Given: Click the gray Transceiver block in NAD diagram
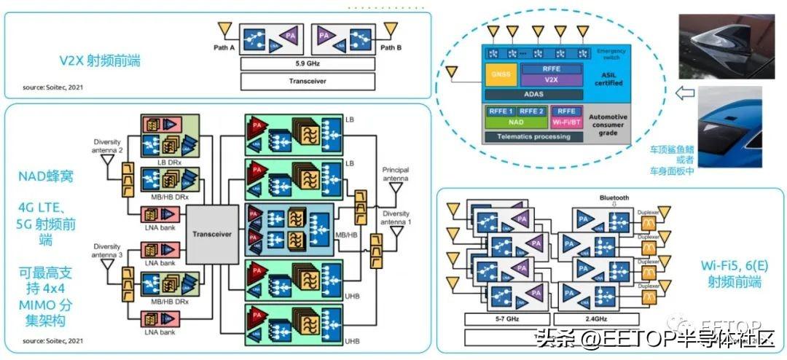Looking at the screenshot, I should click(211, 234).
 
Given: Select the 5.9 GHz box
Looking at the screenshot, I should click(313, 64).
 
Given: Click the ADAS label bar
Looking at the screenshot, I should click(533, 93).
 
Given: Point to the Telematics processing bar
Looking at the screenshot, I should click(533, 136).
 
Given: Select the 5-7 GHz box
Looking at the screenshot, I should click(507, 319).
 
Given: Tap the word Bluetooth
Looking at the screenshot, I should click(614, 198).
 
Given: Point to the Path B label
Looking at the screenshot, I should click(391, 49).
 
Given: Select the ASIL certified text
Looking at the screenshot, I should click(608, 79).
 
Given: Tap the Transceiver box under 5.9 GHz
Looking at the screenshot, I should click(313, 81).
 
